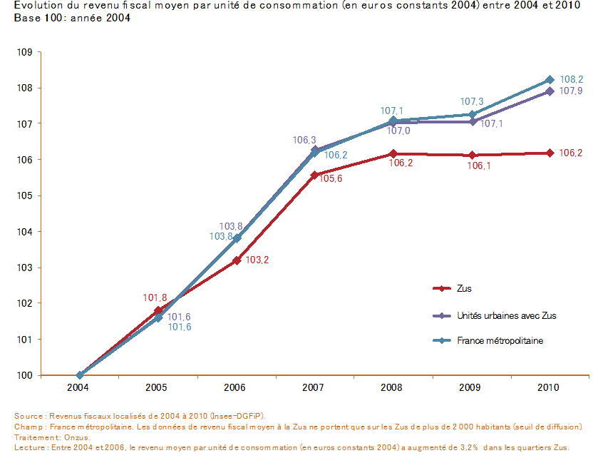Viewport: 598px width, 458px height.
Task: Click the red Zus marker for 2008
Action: (x=394, y=153)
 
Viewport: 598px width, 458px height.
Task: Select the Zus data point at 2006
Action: (x=236, y=260)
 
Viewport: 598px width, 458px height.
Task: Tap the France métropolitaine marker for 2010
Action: (x=550, y=80)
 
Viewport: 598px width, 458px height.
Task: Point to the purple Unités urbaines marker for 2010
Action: (x=550, y=91)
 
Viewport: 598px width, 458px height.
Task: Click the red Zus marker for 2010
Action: (x=550, y=153)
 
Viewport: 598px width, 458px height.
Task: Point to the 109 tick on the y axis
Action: (x=25, y=52)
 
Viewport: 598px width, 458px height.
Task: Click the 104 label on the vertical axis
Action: (x=25, y=232)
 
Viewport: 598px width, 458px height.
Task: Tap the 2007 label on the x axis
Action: (x=314, y=387)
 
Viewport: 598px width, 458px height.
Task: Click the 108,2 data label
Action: (x=572, y=80)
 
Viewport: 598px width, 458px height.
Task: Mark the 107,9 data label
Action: (x=572, y=91)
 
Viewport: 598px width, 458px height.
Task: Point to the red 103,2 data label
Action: (x=257, y=260)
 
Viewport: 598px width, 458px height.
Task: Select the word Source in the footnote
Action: (x=28, y=415)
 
